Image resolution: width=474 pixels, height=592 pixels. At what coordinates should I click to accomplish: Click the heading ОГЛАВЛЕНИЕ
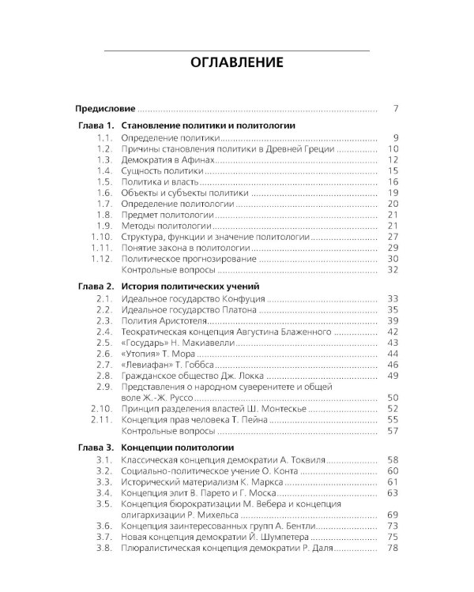click(237, 62)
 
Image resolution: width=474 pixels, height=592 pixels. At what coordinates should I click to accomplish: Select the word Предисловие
click(105, 108)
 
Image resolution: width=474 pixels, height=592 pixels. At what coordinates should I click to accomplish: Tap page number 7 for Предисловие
click(396, 108)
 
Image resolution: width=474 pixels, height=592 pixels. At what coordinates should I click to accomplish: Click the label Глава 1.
click(96, 126)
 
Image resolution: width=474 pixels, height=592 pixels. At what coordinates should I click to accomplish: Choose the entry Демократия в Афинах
click(168, 159)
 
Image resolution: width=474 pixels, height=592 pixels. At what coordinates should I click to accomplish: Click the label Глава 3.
click(96, 448)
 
